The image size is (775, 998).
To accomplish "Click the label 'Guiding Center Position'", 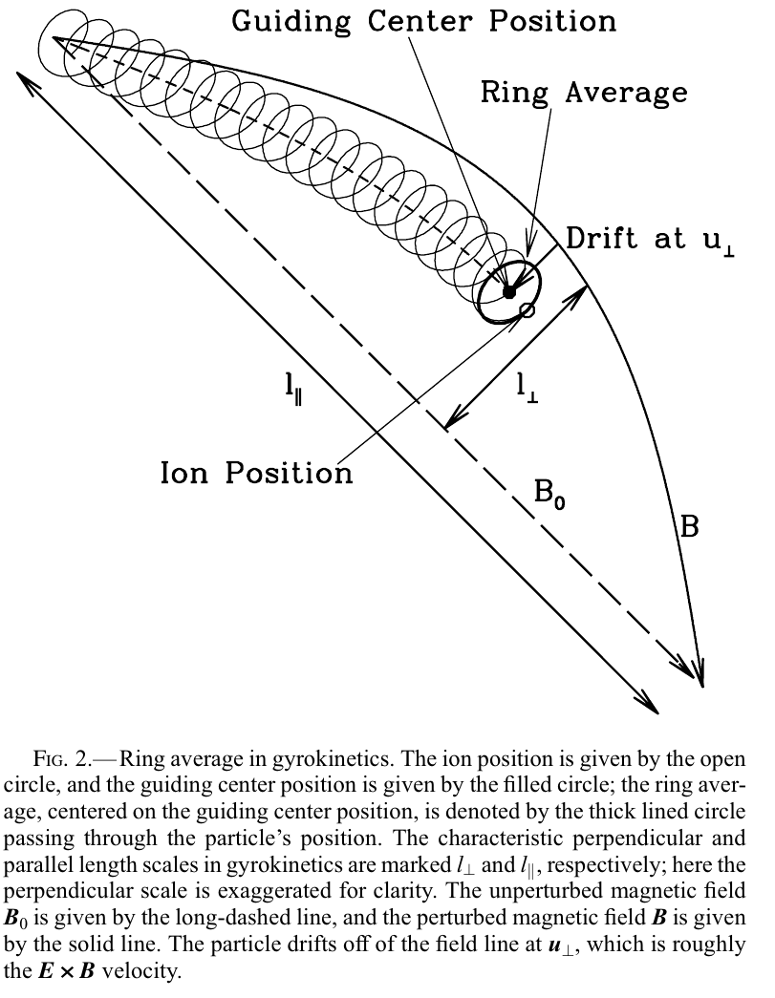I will point(424,20).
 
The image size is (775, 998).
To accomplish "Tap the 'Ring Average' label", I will point(584,92).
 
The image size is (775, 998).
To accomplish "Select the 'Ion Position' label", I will point(256,472).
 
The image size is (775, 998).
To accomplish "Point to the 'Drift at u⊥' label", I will point(650,239).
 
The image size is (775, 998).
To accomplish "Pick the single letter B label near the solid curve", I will point(689,525).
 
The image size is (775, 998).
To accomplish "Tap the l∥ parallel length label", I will point(295,393).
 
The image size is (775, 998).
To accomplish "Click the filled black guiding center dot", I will point(509,290).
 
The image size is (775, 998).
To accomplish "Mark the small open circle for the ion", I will point(527,309).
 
